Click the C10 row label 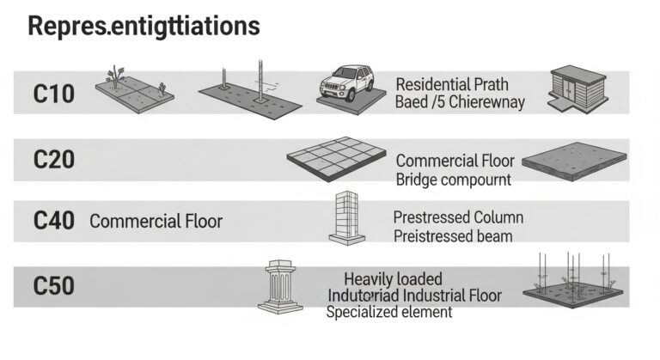(x=53, y=94)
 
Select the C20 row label (x=53, y=160)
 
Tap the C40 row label (x=53, y=221)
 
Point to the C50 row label (x=53, y=286)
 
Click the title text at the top (x=144, y=26)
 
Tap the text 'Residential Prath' (x=452, y=84)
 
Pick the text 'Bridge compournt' (x=453, y=180)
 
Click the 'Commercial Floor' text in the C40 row (x=156, y=221)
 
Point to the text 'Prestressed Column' (x=457, y=217)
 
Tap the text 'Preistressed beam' (x=453, y=235)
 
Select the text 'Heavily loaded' (x=393, y=278)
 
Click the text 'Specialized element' (x=388, y=313)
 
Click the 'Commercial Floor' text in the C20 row (x=455, y=161)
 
